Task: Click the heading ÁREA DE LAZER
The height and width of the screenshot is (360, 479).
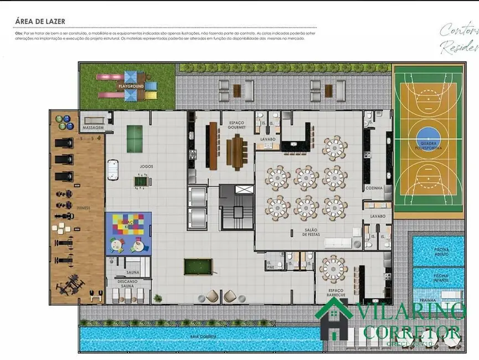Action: pos(40,22)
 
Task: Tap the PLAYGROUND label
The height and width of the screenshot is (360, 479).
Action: pos(131,87)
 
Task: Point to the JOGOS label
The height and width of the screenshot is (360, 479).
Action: pos(146,166)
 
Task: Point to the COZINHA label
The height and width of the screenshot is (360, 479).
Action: pos(374,188)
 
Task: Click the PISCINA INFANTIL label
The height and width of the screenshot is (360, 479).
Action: pos(441,277)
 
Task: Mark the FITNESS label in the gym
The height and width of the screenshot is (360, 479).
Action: pos(84,208)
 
